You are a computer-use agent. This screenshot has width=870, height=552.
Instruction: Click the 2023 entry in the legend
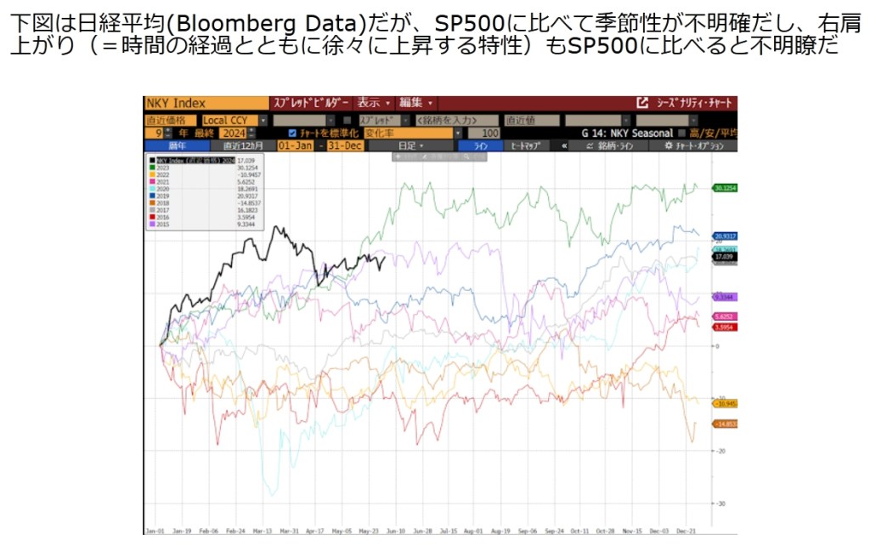click(x=159, y=168)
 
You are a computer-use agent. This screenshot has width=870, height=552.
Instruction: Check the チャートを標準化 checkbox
click(x=292, y=134)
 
